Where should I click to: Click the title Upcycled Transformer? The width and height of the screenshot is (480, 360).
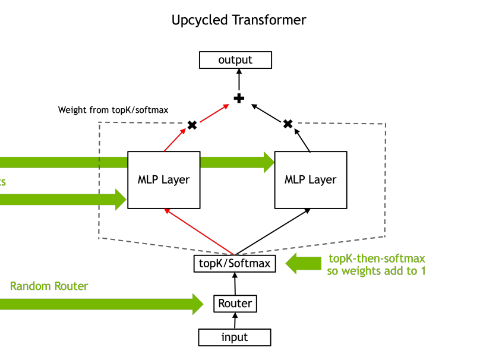239,20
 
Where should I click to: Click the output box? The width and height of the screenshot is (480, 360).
235,60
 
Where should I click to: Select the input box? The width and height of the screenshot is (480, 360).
235,337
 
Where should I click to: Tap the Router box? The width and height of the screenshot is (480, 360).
235,304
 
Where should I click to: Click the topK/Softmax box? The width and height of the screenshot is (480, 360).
235,263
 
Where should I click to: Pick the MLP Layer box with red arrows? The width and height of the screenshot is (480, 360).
163,179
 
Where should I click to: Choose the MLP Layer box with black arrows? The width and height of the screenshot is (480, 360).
310,179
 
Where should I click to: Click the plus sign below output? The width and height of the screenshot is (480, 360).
239,98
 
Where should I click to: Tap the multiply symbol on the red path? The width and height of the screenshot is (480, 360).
192,125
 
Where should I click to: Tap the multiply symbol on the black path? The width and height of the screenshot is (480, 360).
288,124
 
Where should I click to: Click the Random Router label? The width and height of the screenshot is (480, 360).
49,286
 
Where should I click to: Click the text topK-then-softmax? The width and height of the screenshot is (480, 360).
377,259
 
